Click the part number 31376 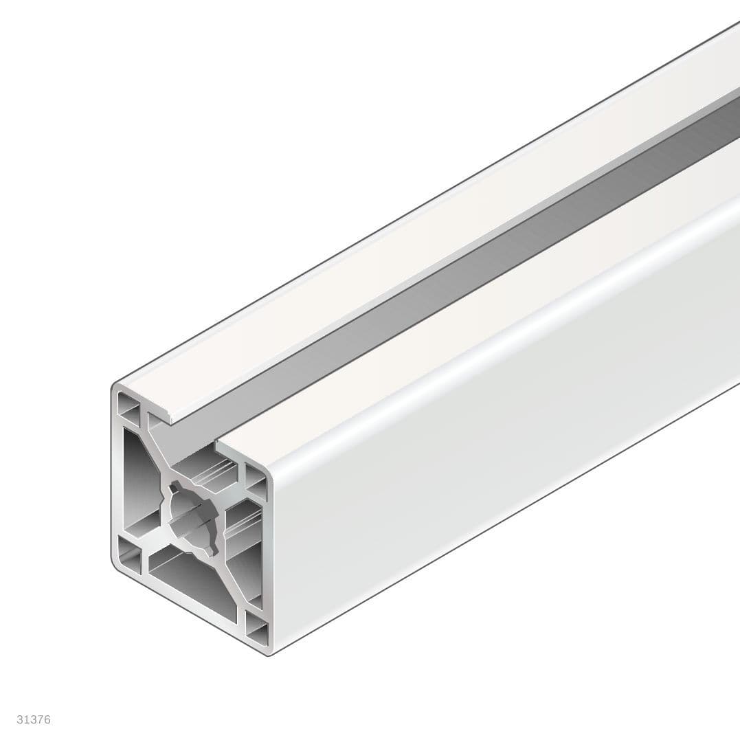tap(34, 720)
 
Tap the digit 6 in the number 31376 tap(47, 720)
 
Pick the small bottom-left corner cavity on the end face tap(128, 552)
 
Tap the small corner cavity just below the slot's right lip tap(255, 481)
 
